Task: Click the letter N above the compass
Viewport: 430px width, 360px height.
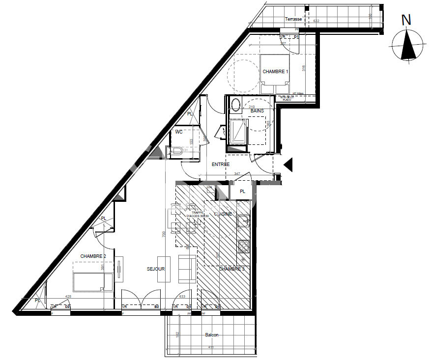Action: pos(406,20)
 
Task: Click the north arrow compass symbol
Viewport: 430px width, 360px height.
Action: pos(406,45)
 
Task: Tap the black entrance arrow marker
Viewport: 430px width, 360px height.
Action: pos(288,165)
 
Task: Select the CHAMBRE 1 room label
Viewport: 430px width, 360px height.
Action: pos(275,72)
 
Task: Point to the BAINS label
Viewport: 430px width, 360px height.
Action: pos(257,111)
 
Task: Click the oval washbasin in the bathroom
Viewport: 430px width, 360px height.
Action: pos(236,105)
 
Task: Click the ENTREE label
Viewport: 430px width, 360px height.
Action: pos(221,164)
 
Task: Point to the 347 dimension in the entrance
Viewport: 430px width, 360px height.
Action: pos(237,173)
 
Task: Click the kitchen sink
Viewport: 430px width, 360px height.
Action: pos(243,222)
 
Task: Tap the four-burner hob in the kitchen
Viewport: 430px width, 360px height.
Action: pos(244,246)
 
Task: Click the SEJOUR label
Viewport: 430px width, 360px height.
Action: pos(155,269)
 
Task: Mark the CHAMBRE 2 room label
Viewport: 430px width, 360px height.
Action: pos(93,256)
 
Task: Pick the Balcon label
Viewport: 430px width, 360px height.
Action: pos(211,335)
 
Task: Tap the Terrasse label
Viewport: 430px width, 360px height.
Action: pos(293,19)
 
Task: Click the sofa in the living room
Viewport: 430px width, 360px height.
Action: pos(187,269)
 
